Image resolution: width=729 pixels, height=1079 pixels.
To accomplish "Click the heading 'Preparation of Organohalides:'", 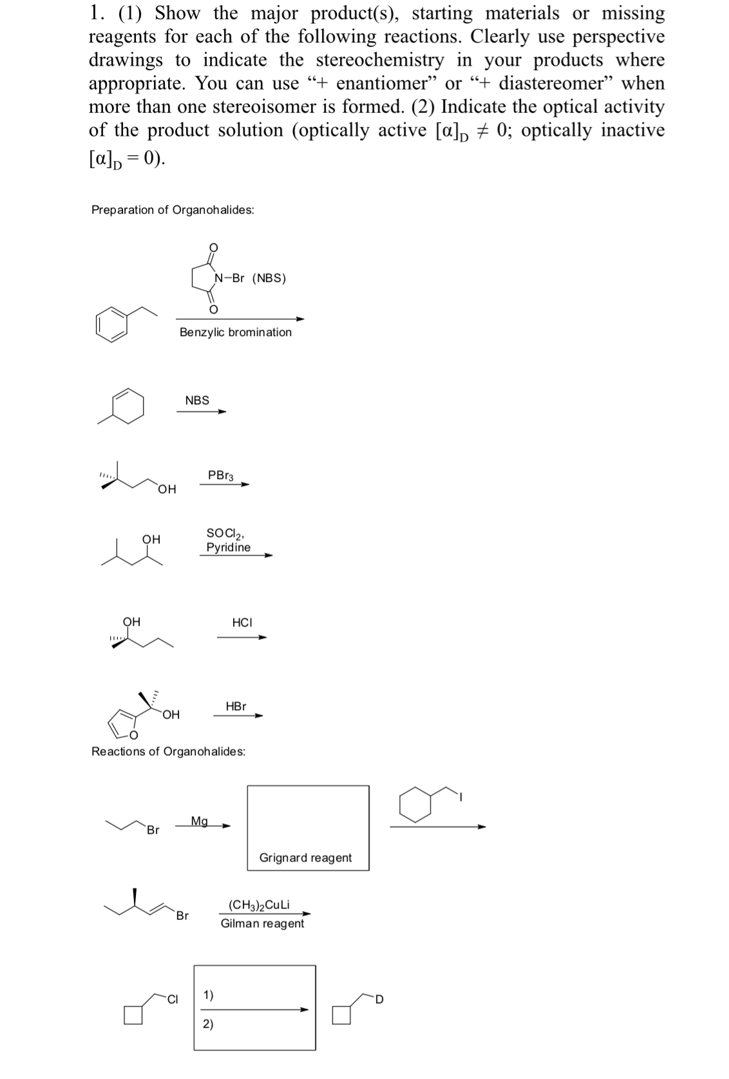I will pos(173,210).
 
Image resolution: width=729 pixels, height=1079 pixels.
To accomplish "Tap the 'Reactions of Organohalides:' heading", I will pos(168,751).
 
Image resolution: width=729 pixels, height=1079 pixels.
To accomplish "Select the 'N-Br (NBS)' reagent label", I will pos(251,278).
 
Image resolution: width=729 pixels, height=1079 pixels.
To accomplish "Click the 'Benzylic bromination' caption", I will pos(235,332).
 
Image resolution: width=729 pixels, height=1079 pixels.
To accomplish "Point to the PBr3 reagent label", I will pos(221,476).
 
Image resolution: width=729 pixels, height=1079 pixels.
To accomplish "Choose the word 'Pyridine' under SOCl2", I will pos(228,547).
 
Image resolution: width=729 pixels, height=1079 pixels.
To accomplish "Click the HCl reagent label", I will pos(242,623).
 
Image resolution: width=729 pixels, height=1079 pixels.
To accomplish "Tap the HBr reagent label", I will pos(236,706).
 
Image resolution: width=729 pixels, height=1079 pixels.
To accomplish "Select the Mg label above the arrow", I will pos(200,821).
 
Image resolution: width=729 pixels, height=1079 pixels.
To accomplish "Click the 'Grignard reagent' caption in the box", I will pos(305,858).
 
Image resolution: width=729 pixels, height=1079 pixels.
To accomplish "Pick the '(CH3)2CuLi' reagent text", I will pos(259,905).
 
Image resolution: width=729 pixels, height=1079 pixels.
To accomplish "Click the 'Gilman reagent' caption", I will pos(262,923).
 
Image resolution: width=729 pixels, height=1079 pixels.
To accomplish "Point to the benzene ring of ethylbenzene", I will pos(111,322).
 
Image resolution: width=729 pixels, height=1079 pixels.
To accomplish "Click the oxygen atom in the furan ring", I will pos(133,735).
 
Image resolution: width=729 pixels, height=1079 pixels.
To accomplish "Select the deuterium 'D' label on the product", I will pos(379,1000).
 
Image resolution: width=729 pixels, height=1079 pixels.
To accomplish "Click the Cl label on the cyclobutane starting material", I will pos(172,999).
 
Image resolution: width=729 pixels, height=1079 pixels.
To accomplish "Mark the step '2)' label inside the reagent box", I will pos(208,1025).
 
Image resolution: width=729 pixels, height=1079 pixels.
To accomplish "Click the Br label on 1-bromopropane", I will pos(153,830).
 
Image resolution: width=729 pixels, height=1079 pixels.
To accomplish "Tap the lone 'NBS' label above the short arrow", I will pos(197,400).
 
